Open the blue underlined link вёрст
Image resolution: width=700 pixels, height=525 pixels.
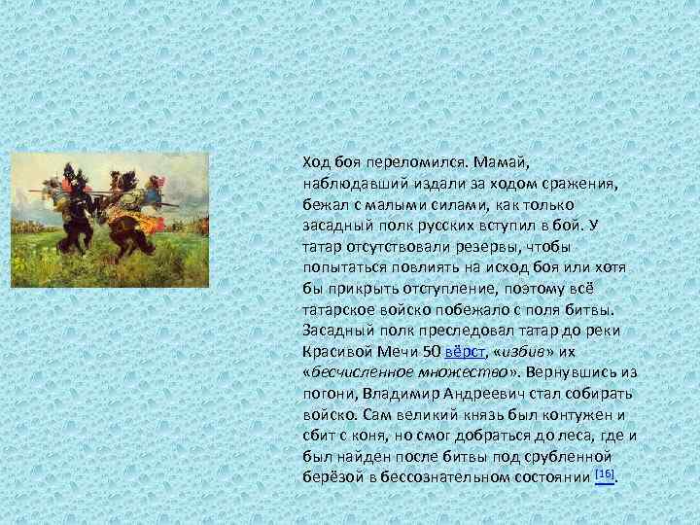point(469,355)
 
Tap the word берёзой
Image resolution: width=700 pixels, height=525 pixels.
point(331,477)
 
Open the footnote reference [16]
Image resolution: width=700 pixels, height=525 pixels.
point(606,474)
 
